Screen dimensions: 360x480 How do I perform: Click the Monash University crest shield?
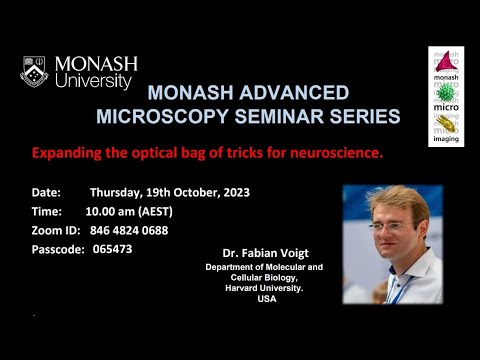coord(33,71)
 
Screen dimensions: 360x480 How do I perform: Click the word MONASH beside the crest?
coord(96,64)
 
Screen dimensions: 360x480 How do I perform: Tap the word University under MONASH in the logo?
coord(94,81)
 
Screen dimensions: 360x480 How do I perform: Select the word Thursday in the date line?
coord(119,192)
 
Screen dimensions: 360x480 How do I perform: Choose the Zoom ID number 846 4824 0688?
coord(128,230)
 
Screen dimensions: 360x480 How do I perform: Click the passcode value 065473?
coord(111,249)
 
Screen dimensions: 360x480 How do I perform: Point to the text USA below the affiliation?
coord(266,300)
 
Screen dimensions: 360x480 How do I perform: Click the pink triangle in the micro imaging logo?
coord(445,62)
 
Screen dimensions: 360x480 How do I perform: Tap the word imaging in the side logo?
coord(446,140)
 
